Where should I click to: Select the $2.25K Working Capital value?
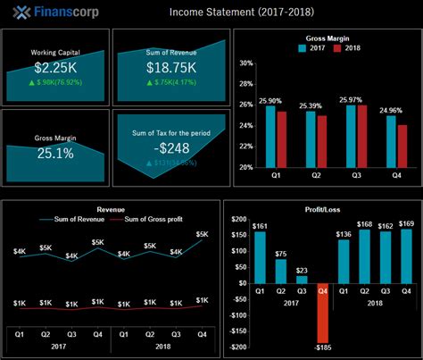click(55, 68)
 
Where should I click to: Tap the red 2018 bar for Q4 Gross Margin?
click(402, 146)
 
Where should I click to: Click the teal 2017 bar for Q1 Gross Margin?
click(270, 137)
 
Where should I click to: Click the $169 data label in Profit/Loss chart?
click(405, 223)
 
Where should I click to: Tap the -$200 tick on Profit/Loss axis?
click(237, 337)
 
